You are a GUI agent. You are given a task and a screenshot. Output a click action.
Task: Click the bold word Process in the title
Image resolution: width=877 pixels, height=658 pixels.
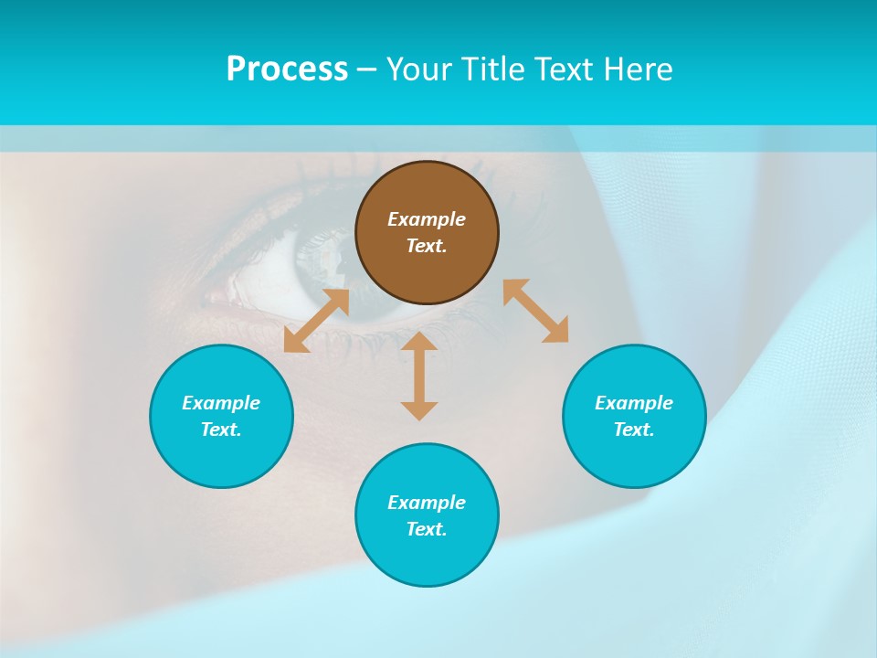[x=287, y=69]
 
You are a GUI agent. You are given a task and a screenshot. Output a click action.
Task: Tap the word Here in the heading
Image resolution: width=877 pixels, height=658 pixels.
[x=638, y=69]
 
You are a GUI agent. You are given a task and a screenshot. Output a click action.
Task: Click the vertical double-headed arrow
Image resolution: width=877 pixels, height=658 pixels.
[x=419, y=376]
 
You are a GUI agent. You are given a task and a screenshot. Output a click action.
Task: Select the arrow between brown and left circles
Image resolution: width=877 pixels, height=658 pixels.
[x=316, y=321]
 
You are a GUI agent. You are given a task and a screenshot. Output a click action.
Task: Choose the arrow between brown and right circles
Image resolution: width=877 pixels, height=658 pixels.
[x=536, y=311]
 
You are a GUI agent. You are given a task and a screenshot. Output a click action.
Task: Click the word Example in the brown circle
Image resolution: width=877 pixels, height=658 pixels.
[x=427, y=219]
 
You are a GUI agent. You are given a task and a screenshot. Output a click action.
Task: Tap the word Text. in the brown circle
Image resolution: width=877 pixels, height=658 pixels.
[x=427, y=246]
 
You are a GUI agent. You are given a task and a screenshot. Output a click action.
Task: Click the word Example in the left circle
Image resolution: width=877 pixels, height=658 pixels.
[x=221, y=403]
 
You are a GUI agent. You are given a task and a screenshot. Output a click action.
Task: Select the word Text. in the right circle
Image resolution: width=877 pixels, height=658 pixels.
[x=634, y=430]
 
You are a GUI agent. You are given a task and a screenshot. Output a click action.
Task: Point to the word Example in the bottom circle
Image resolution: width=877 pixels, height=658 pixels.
[x=427, y=503]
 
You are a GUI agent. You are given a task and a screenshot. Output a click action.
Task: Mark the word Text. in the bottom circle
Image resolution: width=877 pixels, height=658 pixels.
[x=427, y=529]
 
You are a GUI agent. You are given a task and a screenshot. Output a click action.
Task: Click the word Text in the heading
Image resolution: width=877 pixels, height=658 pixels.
[x=565, y=69]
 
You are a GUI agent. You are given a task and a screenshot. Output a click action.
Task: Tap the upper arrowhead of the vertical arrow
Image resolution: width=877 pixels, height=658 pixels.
[x=419, y=342]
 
